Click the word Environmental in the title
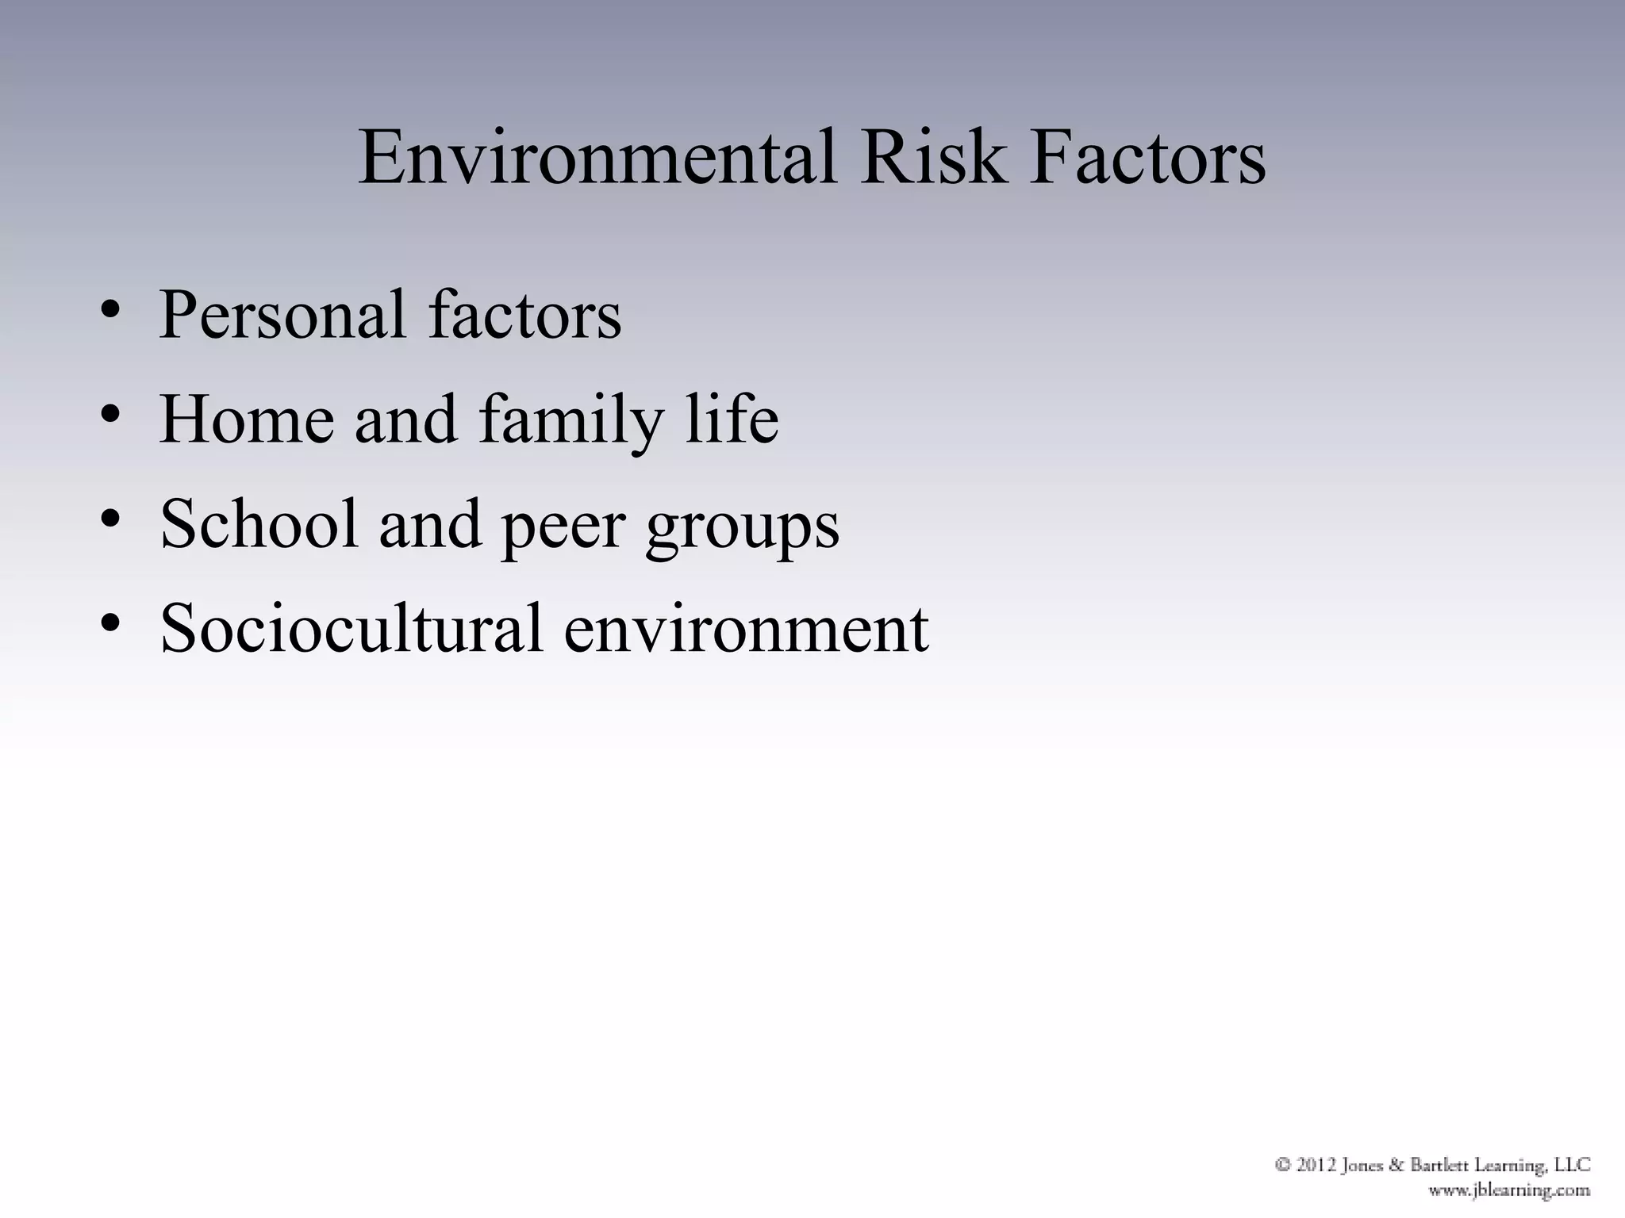pos(597,159)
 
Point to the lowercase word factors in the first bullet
pos(524,316)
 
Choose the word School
pos(259,524)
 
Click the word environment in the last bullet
pos(746,630)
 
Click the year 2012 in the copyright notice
pos(1318,1166)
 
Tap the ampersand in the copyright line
pos(1396,1166)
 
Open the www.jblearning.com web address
pos(1509,1190)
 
